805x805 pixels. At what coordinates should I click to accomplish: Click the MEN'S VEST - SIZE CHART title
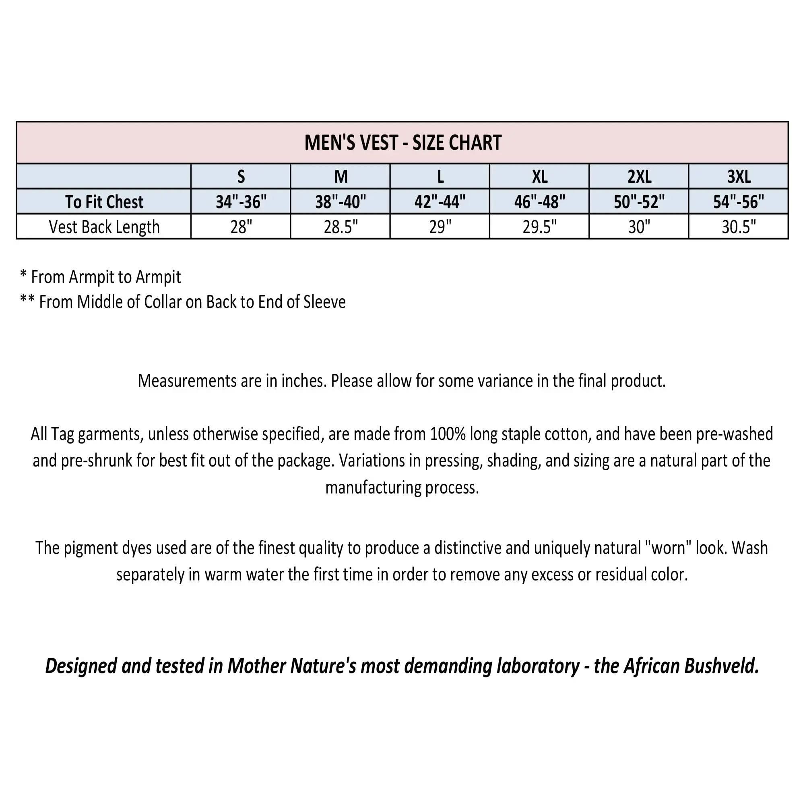[x=402, y=142]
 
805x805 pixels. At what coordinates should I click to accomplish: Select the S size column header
[x=241, y=177]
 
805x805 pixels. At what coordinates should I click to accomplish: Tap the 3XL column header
[x=739, y=177]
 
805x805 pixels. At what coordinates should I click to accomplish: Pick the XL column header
[x=540, y=177]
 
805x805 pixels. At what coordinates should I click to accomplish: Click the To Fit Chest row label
[x=104, y=202]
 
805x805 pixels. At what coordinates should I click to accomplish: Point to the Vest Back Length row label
[x=104, y=227]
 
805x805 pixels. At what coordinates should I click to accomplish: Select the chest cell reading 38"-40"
[x=341, y=202]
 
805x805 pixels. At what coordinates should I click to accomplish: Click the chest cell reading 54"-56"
[x=739, y=202]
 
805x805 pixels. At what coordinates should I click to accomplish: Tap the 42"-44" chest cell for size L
[x=440, y=202]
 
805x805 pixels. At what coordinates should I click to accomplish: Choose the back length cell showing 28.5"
[x=341, y=227]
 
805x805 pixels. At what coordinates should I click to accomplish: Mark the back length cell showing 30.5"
[x=739, y=227]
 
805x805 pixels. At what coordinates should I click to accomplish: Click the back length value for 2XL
[x=639, y=227]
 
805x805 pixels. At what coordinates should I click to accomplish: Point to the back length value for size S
[x=241, y=227]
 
